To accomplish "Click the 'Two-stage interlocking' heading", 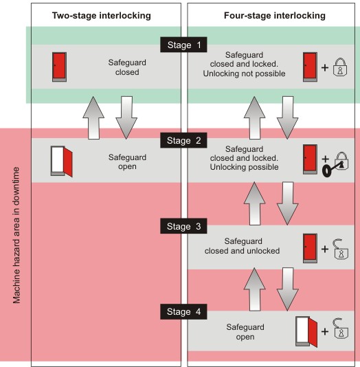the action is pos(101,16).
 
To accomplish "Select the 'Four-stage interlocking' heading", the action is pos(275,16).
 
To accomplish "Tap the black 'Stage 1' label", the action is pos(183,45).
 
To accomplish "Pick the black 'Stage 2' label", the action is pos(183,140).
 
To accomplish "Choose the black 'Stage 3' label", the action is pos(183,226).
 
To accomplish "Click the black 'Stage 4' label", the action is pos(183,311).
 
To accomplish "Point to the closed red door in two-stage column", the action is pos(59,67).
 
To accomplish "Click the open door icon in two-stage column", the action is pos(62,162).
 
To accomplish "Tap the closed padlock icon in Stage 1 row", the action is pos(340,67).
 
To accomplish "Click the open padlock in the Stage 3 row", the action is pos(341,249).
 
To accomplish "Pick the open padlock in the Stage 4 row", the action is pos(341,329).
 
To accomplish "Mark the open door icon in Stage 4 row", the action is pos(306,332).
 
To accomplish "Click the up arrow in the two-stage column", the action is pos(93,118).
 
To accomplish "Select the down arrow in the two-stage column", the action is pos(126,118).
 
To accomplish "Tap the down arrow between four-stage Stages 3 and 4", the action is pos(287,289).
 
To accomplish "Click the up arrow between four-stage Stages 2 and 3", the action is pos(254,203).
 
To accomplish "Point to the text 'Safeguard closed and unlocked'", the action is pos(242,246).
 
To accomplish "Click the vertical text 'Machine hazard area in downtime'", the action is pos(16,235).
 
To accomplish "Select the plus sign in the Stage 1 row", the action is pos(325,67).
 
